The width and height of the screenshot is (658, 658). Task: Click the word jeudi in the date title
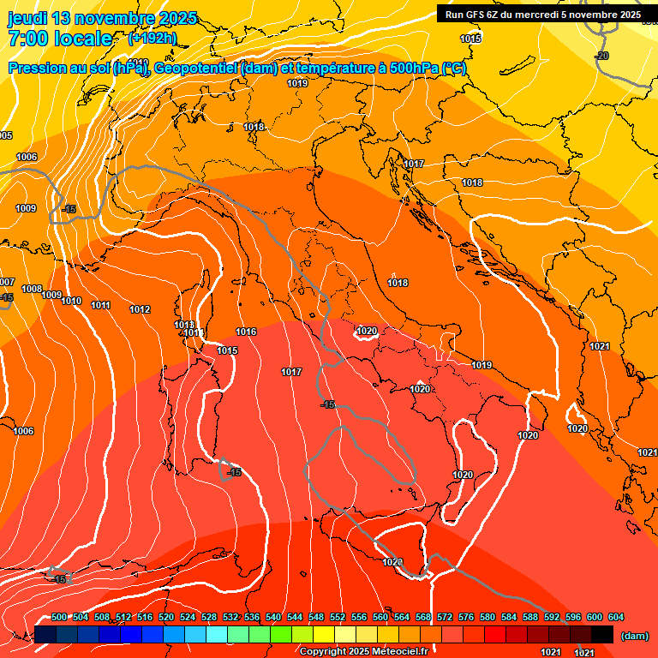click(27, 18)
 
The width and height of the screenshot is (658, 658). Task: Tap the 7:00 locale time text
click(60, 39)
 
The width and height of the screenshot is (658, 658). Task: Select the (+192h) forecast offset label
click(153, 38)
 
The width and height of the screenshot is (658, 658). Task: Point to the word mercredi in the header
click(543, 15)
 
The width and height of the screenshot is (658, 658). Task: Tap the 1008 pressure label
click(32, 290)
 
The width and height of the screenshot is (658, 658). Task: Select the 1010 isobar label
click(71, 301)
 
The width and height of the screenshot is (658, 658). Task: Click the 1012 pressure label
click(140, 309)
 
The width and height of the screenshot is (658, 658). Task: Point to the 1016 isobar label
click(247, 332)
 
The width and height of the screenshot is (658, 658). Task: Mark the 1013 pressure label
click(184, 325)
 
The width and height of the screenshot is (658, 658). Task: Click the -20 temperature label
click(602, 56)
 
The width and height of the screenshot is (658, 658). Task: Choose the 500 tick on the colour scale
click(59, 617)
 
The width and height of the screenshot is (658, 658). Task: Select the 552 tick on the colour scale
click(338, 617)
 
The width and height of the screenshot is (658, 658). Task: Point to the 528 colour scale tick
click(209, 617)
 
